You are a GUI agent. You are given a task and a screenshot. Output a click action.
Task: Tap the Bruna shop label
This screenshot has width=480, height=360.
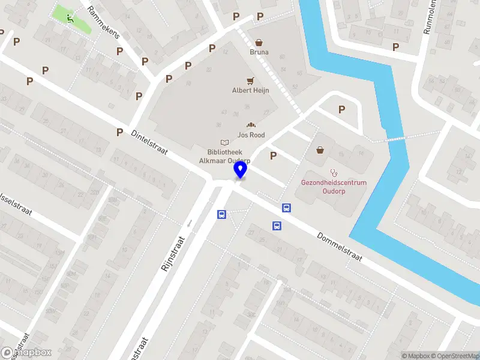259,52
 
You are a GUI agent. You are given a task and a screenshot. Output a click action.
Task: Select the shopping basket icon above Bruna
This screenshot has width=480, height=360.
259,43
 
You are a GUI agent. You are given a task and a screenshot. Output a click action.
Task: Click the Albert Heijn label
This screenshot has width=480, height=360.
250,91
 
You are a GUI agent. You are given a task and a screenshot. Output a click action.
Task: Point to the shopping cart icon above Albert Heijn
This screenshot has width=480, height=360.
250,80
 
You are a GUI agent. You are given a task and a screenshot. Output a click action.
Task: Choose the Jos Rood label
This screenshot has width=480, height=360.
250,135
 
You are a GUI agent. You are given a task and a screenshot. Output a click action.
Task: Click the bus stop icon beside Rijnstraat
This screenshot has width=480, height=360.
221,214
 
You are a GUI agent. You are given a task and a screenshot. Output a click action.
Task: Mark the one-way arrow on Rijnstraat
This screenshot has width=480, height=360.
189,223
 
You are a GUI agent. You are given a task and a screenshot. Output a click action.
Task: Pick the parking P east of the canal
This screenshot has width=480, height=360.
395,47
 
